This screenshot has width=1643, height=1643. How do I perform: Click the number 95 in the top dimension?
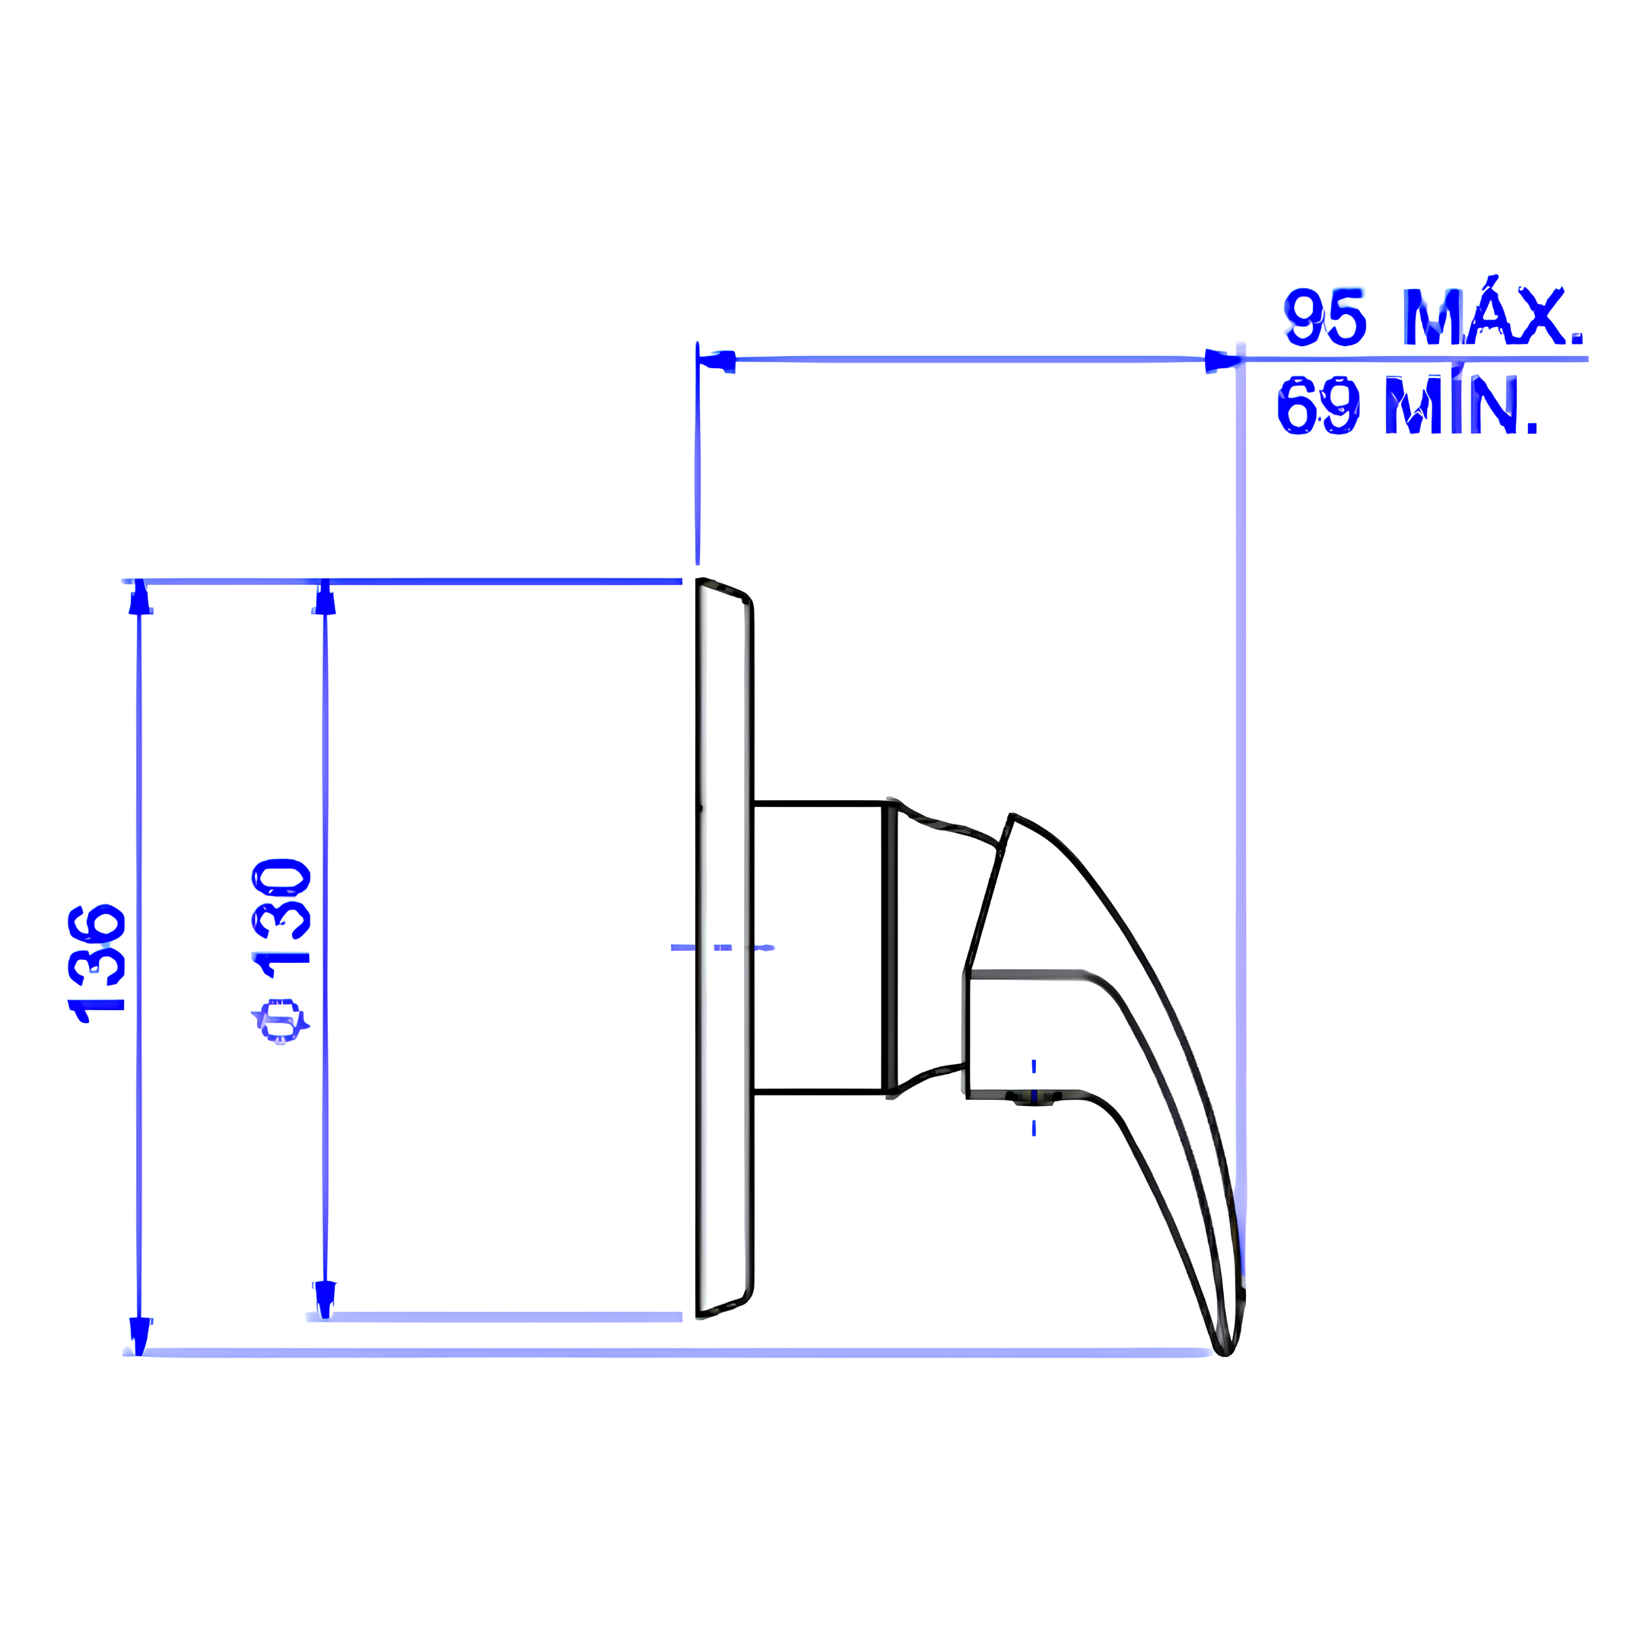pos(1324,317)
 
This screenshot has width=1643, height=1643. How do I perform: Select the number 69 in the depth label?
pos(1317,405)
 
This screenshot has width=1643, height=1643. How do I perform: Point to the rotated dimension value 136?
pos(96,963)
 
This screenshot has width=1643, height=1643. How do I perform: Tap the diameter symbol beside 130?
pos(281,1021)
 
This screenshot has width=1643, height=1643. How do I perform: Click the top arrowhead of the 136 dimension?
pos(140,598)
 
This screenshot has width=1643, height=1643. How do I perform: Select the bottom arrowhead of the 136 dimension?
pos(139,1334)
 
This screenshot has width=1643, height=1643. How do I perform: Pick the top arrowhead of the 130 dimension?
pos(325,598)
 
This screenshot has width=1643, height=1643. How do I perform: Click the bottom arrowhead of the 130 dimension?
pos(325,1298)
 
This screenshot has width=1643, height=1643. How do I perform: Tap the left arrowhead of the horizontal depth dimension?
pos(716,361)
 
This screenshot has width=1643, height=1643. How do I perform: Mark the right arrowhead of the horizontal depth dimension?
pos(1222,361)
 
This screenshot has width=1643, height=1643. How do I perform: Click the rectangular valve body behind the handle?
pos(816,945)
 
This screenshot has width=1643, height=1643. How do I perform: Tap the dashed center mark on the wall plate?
pos(723,947)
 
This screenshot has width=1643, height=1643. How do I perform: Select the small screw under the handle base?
pos(1032,1101)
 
